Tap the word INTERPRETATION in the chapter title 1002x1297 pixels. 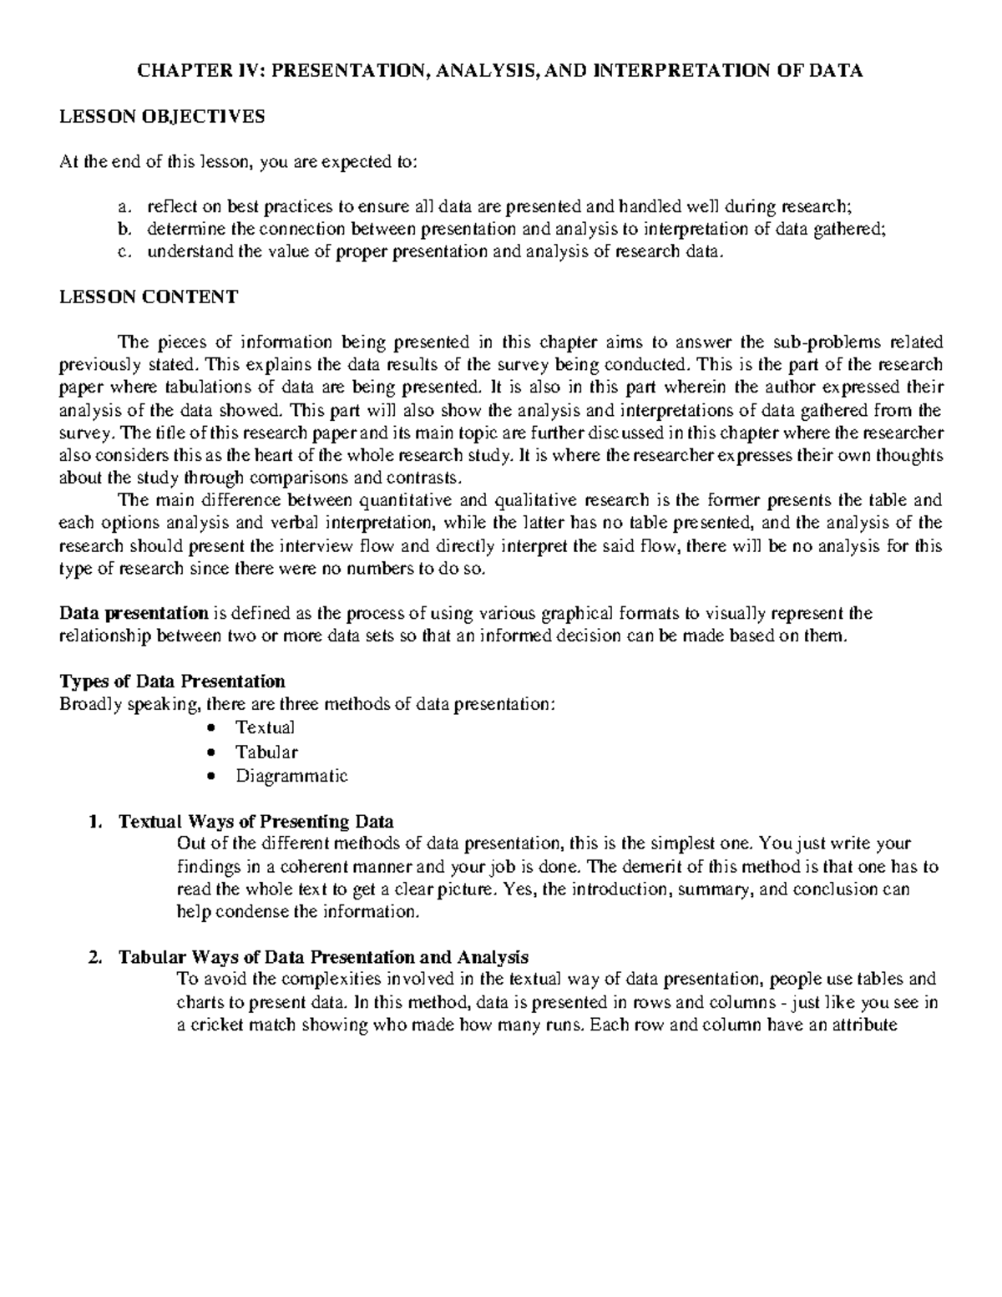[678, 71]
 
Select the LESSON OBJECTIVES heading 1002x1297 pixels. [162, 117]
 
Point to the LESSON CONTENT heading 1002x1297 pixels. [149, 297]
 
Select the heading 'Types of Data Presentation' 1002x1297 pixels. [172, 681]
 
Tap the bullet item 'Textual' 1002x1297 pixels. [265, 727]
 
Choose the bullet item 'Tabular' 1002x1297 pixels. [266, 752]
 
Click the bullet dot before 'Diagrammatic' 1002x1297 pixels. [215, 776]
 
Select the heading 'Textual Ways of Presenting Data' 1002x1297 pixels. [256, 821]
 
